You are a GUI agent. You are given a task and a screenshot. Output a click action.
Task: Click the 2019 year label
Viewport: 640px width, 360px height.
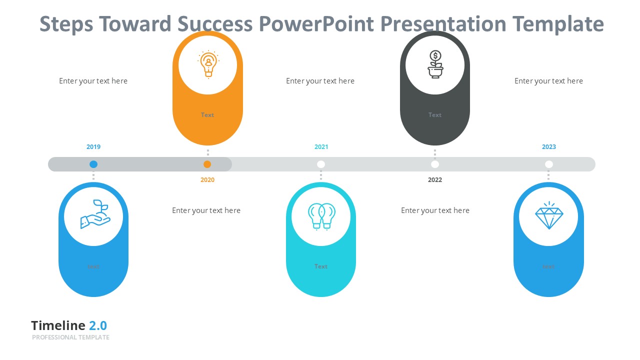(93, 147)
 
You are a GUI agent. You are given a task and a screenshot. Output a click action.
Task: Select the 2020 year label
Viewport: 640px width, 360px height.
(207, 180)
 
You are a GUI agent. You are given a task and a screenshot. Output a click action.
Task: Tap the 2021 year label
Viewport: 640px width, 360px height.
(321, 147)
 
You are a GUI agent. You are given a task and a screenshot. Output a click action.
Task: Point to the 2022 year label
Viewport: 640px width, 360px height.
(435, 180)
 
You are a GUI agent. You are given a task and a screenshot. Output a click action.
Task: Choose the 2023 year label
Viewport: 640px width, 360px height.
(549, 147)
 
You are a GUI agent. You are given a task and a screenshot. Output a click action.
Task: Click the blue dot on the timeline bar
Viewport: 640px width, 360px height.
(93, 164)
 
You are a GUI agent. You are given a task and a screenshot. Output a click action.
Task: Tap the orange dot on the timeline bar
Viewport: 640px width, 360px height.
(207, 164)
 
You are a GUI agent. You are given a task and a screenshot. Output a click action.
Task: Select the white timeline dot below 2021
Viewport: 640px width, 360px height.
(321, 164)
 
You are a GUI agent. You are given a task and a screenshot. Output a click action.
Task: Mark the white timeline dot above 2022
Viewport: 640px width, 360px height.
(435, 164)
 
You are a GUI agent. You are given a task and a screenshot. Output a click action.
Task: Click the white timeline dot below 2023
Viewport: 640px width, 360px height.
(549, 164)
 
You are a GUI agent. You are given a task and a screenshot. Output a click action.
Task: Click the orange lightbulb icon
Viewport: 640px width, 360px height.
(208, 64)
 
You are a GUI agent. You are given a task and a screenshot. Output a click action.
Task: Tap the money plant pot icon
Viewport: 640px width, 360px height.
(435, 64)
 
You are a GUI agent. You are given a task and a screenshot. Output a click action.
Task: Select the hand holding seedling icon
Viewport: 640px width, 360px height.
(94, 215)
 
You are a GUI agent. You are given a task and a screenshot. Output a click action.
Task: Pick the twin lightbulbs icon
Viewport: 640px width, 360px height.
(321, 216)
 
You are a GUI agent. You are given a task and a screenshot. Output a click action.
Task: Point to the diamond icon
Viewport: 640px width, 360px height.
(549, 216)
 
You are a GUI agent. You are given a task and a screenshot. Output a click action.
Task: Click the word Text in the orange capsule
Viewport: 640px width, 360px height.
(207, 115)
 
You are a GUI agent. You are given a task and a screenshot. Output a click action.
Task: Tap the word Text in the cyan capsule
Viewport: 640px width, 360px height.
(321, 266)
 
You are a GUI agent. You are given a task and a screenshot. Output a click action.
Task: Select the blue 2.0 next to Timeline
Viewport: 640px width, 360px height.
(98, 325)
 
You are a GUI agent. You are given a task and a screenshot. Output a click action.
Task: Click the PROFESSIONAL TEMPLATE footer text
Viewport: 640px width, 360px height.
(70, 337)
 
